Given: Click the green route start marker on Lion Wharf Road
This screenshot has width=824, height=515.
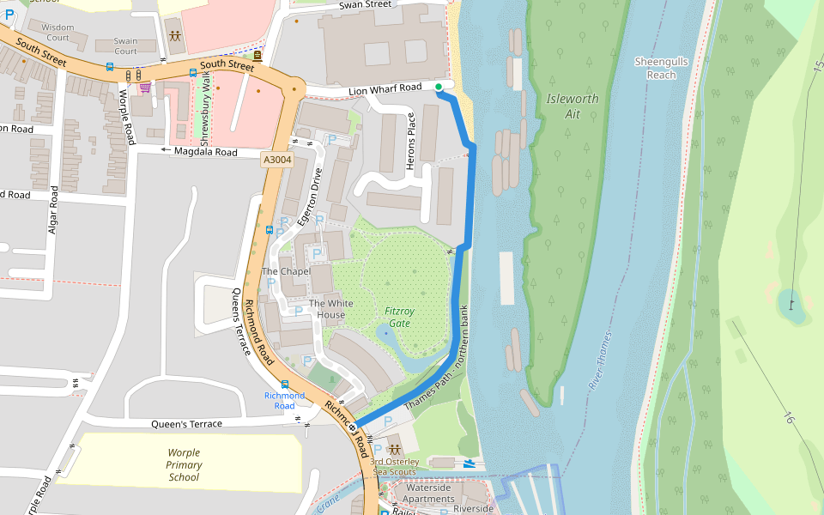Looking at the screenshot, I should click(439, 87).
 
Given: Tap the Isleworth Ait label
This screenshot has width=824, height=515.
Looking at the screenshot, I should click(573, 106).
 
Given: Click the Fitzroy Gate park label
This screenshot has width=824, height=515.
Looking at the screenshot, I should click(398, 318).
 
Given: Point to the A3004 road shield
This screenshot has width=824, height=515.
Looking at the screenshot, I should click(277, 160).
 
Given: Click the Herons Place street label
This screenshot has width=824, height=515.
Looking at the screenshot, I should click(411, 141).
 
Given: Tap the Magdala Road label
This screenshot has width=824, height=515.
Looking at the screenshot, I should click(205, 152).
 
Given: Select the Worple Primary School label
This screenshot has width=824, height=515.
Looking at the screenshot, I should click(184, 464).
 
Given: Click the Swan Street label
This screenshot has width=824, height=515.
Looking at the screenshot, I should click(365, 5).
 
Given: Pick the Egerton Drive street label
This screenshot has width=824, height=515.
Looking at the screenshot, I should click(309, 197).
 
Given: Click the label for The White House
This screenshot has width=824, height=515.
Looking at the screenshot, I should click(330, 309).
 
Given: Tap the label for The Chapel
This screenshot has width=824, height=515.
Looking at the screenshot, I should click(286, 271).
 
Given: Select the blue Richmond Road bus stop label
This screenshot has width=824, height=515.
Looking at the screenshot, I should click(284, 400).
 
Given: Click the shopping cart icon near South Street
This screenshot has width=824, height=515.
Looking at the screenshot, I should click(145, 87).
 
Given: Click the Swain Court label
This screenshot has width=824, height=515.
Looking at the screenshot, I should click(125, 45).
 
